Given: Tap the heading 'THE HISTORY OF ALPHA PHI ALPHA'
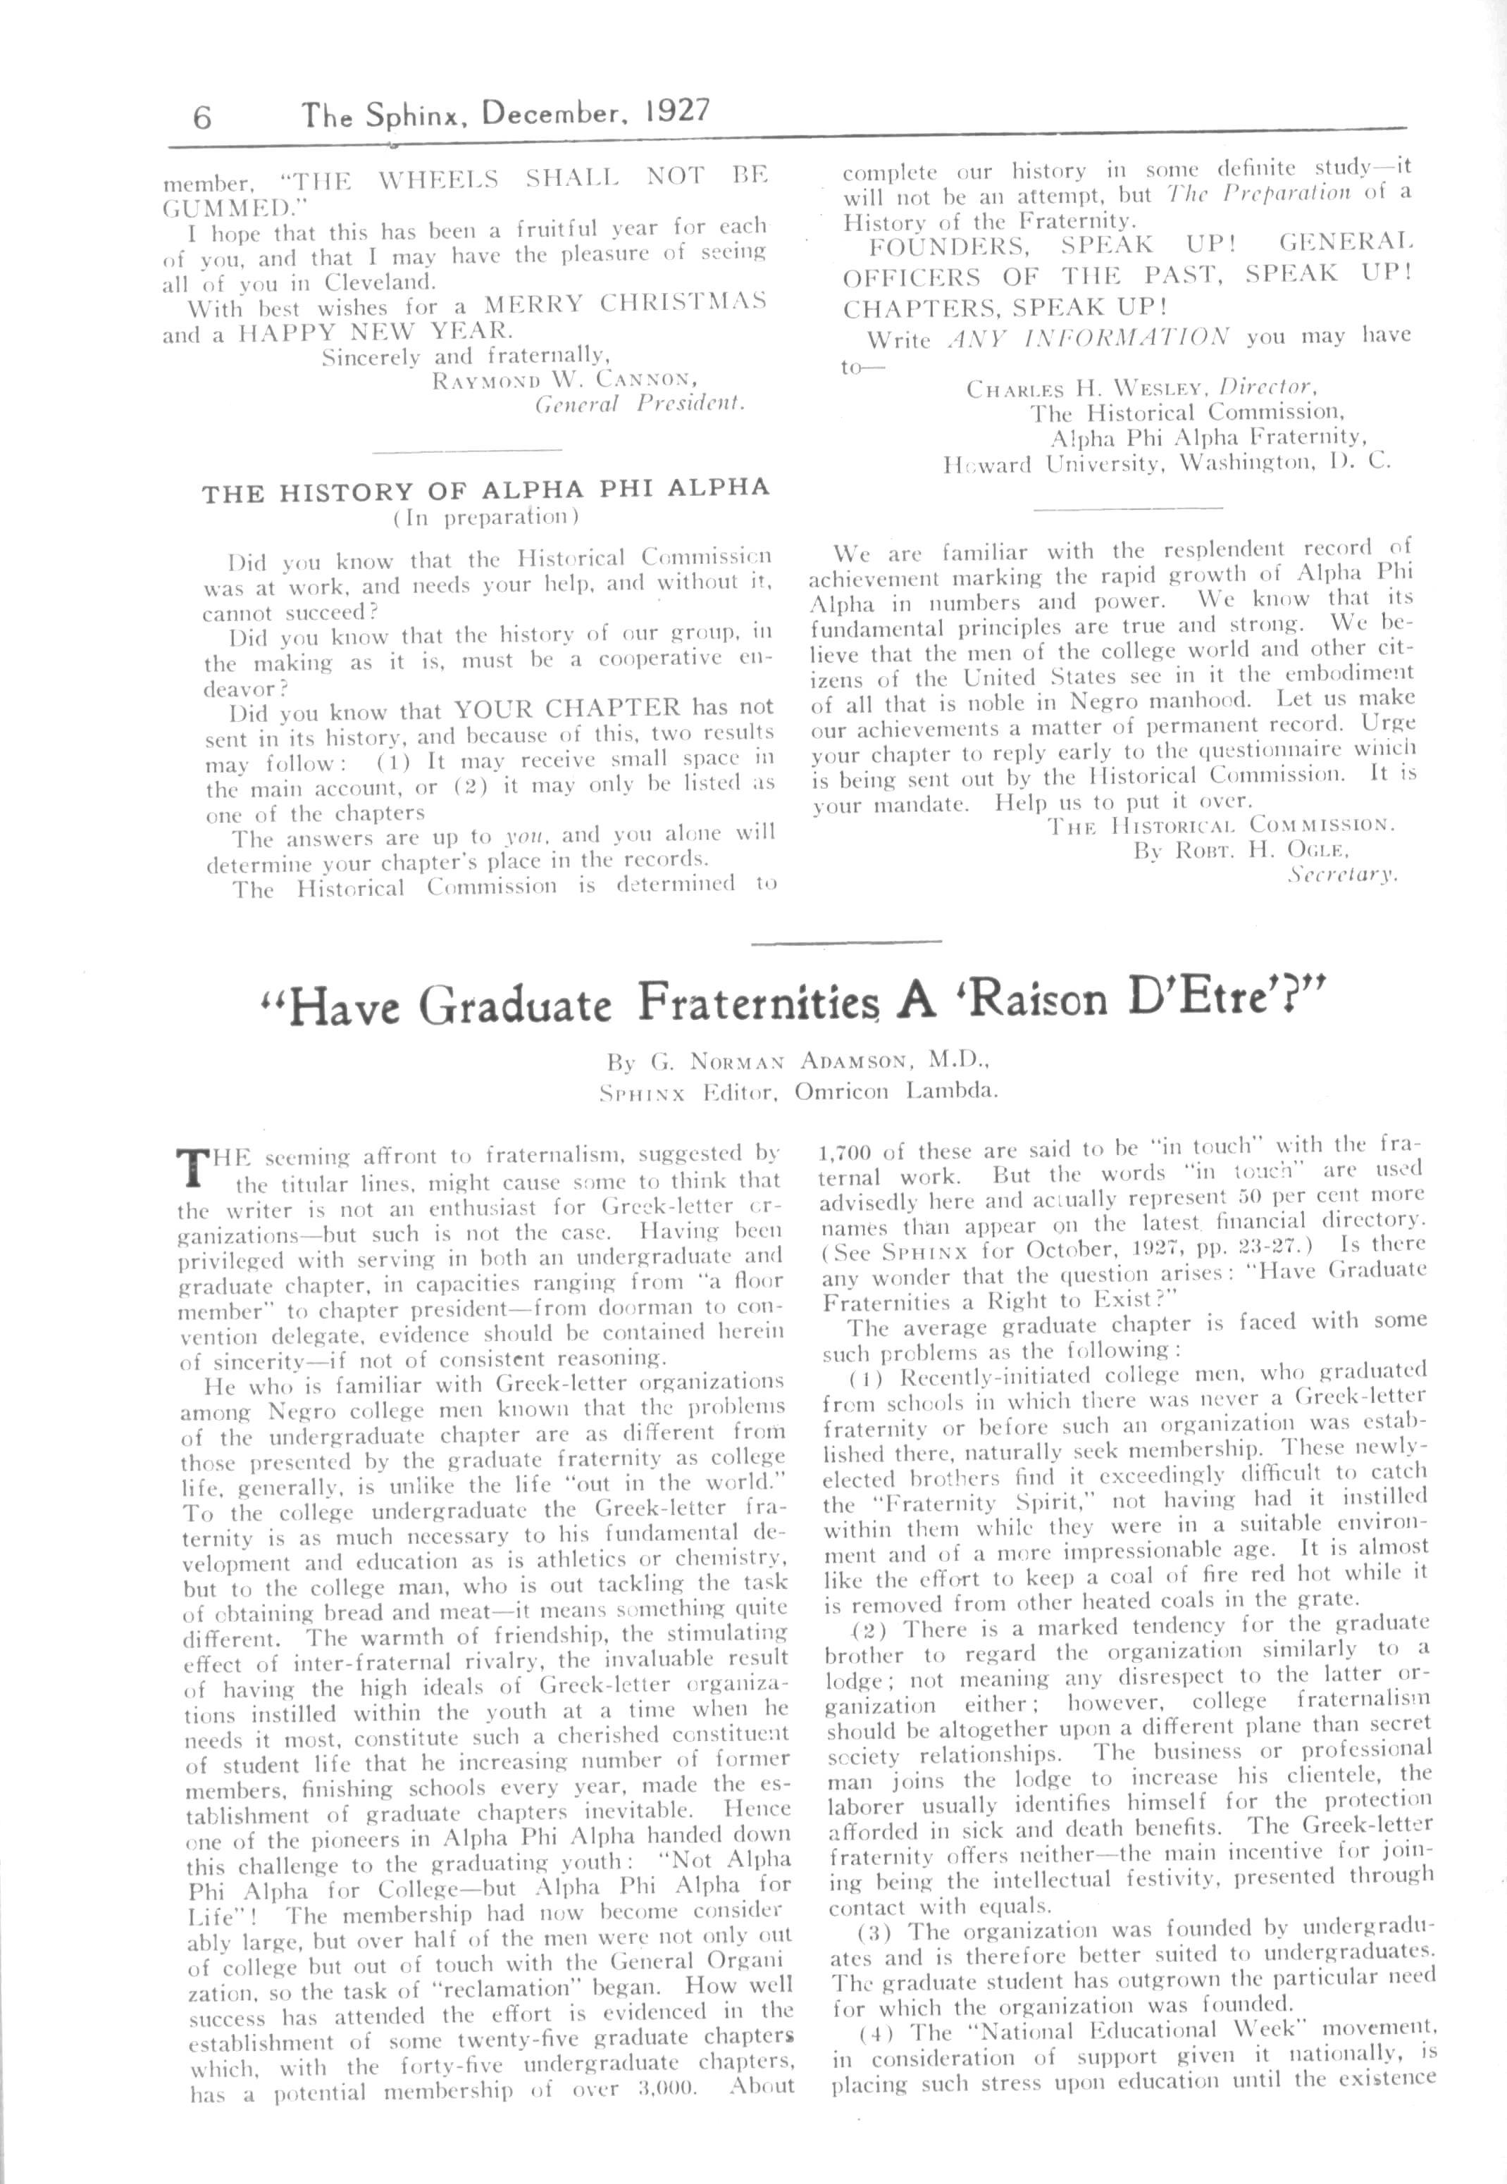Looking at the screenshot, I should tap(486, 490).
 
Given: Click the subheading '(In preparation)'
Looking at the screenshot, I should tap(485, 516).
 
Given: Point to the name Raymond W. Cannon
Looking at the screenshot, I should tap(564, 380).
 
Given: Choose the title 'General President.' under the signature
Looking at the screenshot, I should tap(640, 405).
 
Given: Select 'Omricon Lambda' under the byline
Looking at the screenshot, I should tap(895, 1092).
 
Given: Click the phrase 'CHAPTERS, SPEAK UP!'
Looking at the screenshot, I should tap(1005, 308).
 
